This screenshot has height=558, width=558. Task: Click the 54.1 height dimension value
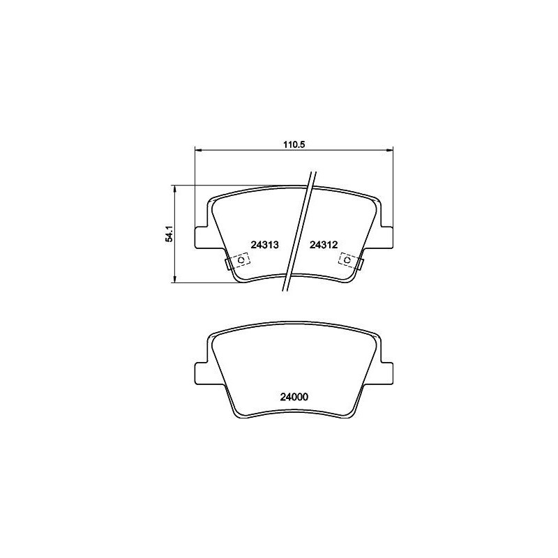[x=168, y=234]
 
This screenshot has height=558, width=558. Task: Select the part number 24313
[x=264, y=245]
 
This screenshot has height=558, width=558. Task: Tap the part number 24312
[x=324, y=245]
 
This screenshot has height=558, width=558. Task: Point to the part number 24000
[x=294, y=397]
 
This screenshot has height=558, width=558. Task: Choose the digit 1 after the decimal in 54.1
[x=168, y=226]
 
